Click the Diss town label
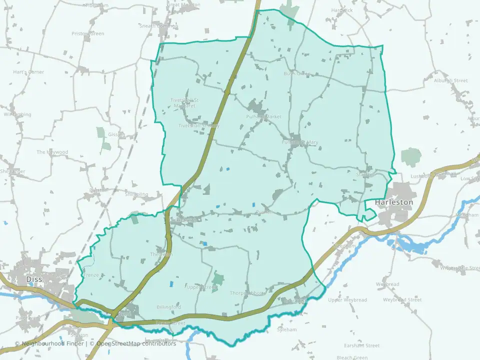pos(35,280)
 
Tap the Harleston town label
pos(394,202)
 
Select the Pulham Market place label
pos(264,116)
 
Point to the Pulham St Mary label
pos(300,142)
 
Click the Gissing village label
pos(116,134)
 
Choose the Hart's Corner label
pos(28,72)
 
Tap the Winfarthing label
pos(17,114)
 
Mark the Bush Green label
pos(297,73)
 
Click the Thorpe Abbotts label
pos(248,293)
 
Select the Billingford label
pos(168,306)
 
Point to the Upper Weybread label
pos(347,300)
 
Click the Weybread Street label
pos(402,300)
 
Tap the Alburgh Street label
pos(451,80)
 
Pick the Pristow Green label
pos(87,33)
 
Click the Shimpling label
pos(136,194)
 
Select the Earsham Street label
pos(361,345)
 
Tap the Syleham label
pos(287,329)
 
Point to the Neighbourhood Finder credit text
pos(49,343)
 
